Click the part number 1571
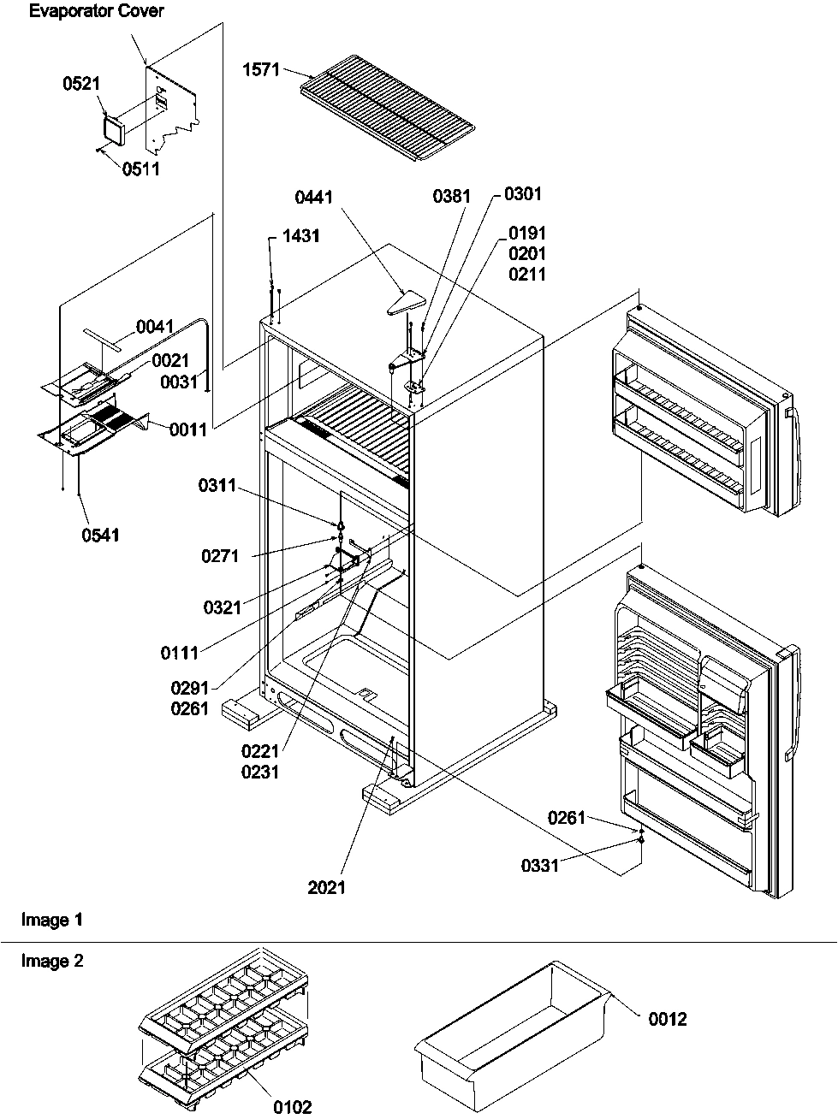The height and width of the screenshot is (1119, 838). (261, 69)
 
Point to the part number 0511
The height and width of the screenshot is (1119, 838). (140, 169)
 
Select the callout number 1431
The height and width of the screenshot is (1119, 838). (300, 235)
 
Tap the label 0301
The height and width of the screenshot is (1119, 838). (522, 194)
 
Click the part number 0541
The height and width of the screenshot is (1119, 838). (100, 535)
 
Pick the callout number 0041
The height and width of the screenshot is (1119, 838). (155, 326)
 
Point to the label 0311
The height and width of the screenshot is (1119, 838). (217, 486)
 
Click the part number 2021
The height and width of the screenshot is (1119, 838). (327, 887)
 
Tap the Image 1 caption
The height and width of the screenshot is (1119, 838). (52, 920)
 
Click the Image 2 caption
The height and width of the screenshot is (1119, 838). (52, 961)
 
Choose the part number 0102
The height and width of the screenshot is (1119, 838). (293, 1107)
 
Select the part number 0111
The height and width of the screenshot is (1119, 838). (180, 653)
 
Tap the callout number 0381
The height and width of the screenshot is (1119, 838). (452, 196)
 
